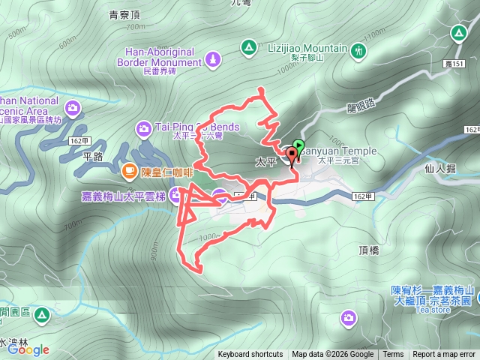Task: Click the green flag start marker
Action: point(299,145)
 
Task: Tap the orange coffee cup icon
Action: point(130,172)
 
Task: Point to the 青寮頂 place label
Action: point(124,14)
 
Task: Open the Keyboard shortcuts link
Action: point(250,355)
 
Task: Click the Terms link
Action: point(393,355)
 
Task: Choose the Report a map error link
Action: point(444,355)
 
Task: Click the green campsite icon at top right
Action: point(457,34)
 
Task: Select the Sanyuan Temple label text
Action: point(340,151)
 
